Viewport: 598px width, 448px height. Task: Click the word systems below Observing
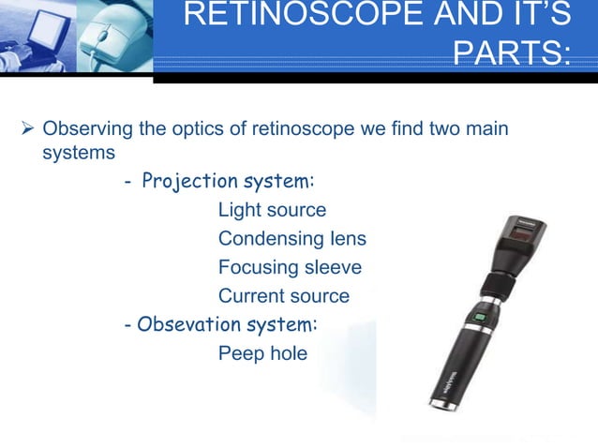coord(79,150)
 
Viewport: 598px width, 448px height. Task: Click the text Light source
coord(272,210)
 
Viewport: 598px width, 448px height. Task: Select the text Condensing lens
coord(292,239)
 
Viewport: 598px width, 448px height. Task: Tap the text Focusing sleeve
coord(290,268)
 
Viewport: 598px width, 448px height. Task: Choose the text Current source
coord(283,297)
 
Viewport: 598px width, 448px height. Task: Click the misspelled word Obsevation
coord(185,325)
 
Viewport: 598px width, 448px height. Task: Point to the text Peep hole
coord(262,355)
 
